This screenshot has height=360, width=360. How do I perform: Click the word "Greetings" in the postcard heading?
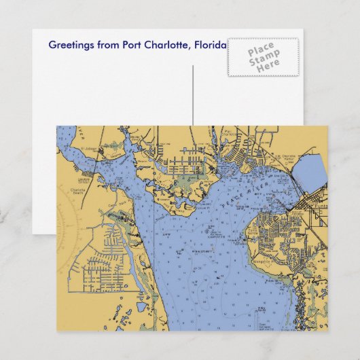tap(70, 45)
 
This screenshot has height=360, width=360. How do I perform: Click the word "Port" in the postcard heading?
tap(133, 45)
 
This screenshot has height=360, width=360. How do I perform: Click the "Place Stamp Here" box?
tap(262, 57)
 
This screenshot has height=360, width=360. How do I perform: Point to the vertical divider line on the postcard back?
tap(193, 95)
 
